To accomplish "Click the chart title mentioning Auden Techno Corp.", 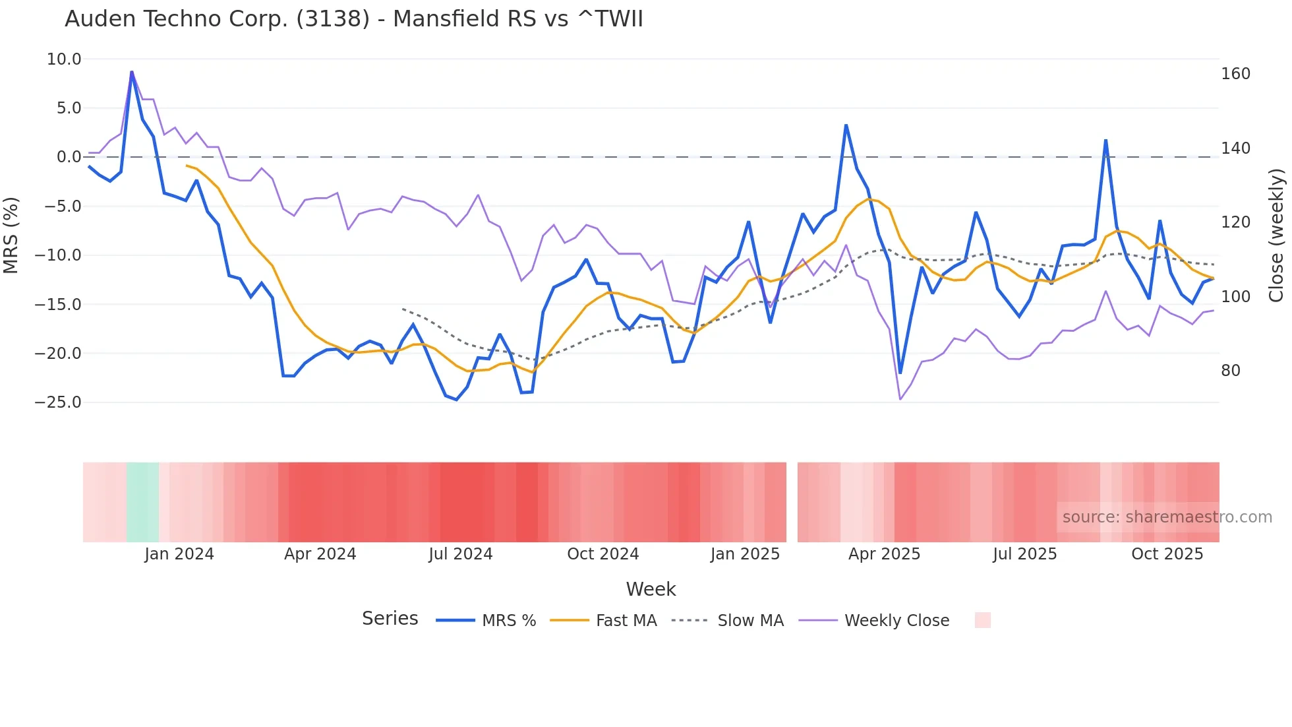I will pyautogui.click(x=353, y=19).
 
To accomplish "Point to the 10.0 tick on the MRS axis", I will pyautogui.click(x=64, y=59).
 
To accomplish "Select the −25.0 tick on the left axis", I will pyautogui.click(x=58, y=402).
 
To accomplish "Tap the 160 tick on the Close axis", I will pyautogui.click(x=1235, y=74).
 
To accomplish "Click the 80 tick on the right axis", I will pyautogui.click(x=1231, y=371).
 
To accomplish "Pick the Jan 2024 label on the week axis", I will pyautogui.click(x=179, y=554).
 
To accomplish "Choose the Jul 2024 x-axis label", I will pyautogui.click(x=461, y=554).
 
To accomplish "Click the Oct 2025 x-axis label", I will pyautogui.click(x=1167, y=554).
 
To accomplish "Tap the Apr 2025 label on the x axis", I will pyautogui.click(x=884, y=554).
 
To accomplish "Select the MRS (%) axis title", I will pyautogui.click(x=11, y=235).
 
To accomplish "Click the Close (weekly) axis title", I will pyautogui.click(x=1277, y=235).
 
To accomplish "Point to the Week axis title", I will pyautogui.click(x=651, y=589).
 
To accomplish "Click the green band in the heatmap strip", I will pyautogui.click(x=142, y=503).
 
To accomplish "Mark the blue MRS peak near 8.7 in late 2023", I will pyautogui.click(x=132, y=71).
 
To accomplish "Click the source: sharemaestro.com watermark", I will pyautogui.click(x=1167, y=517).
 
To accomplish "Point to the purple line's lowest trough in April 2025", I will pyautogui.click(x=900, y=399).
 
